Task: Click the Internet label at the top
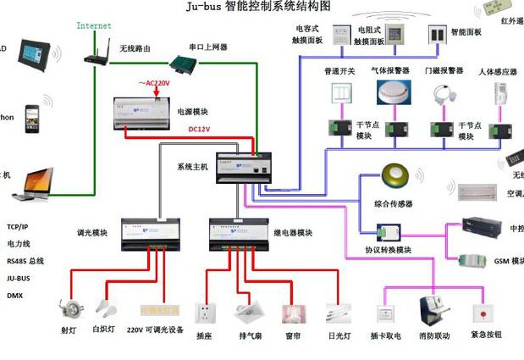click(94, 25)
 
